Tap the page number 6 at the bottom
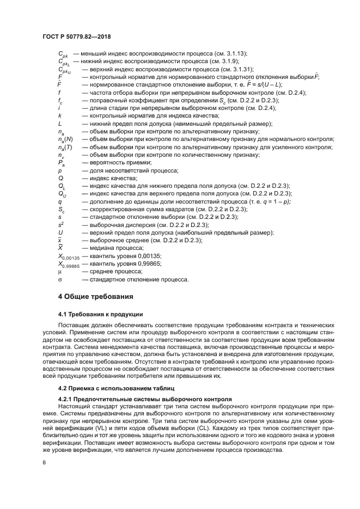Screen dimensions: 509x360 [44, 462]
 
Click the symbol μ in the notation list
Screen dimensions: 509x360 [60, 271]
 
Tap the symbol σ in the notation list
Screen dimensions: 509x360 [60, 279]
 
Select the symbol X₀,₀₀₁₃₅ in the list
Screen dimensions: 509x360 [68, 256]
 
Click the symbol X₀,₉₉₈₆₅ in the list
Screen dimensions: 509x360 [68, 264]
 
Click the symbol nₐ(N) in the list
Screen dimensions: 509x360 [65, 139]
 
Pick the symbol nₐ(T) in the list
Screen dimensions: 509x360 [65, 147]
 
